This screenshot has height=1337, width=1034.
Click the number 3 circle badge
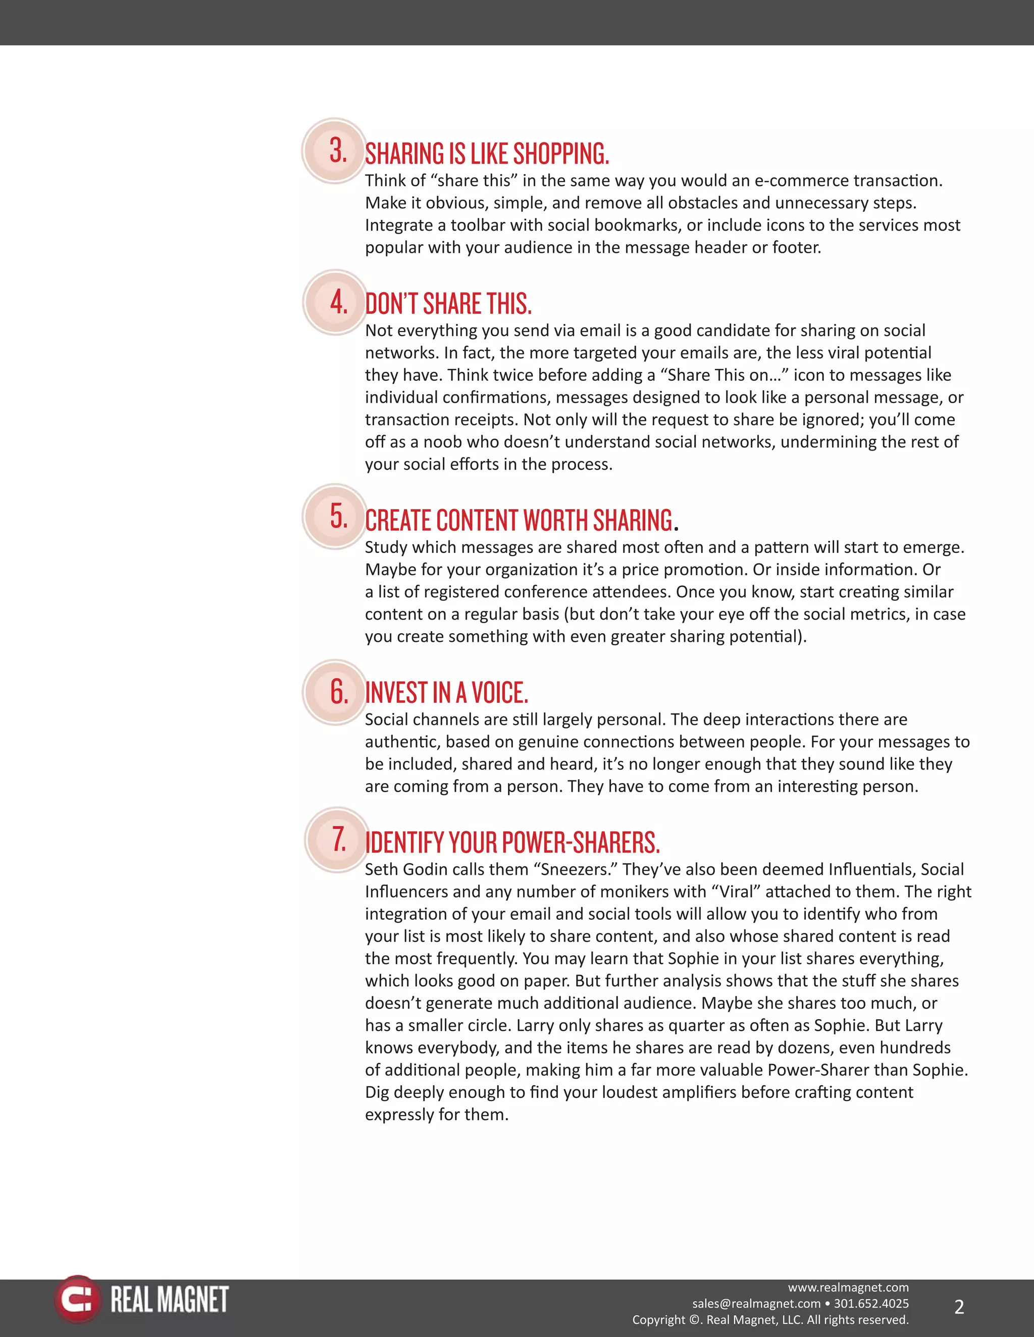point(334,150)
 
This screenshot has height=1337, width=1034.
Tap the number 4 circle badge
point(335,302)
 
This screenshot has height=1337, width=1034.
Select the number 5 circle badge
point(335,516)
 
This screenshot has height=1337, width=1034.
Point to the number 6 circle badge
point(335,692)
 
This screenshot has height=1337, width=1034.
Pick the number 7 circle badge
point(337,840)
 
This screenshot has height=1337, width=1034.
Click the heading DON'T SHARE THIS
point(448,304)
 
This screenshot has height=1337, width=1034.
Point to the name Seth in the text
point(382,869)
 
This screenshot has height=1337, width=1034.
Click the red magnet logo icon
point(77,1300)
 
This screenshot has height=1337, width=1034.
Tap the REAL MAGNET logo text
point(170,1300)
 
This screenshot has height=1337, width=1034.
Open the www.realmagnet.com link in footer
point(848,1288)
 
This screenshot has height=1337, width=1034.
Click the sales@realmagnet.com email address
point(756,1303)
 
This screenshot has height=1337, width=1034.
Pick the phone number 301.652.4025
point(871,1303)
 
